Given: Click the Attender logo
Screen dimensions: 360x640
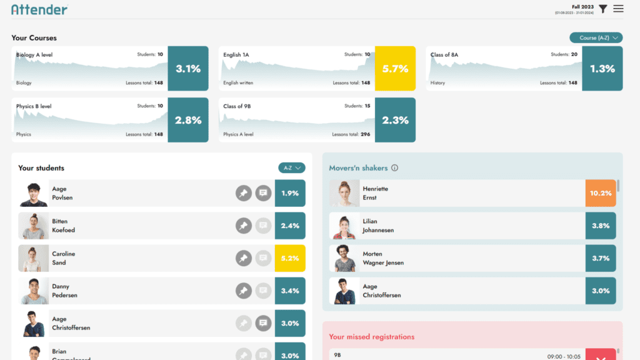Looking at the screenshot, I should pos(39,9).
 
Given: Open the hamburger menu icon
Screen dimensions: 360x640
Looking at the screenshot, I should pos(618,9).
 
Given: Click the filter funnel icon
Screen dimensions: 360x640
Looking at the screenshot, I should pos(602,9).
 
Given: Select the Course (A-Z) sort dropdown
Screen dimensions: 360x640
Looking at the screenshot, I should pos(596,37).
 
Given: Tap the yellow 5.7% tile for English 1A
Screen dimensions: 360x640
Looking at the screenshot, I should pos(395,69).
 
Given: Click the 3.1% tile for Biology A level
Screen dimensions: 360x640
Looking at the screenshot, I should pos(188,69).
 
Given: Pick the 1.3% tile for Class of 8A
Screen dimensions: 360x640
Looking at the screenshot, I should pos(602,69).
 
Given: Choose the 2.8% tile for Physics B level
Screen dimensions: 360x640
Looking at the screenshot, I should pos(188,120).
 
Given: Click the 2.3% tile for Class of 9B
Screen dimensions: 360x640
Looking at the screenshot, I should pos(395,120).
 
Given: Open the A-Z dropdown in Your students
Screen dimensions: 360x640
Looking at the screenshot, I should pos(292,167).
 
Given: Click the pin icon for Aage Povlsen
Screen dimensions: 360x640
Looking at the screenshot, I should pos(244,193).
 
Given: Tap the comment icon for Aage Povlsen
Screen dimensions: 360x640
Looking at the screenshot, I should pos(263,193).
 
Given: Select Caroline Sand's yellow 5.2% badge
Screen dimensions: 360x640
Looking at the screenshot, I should pos(290,258).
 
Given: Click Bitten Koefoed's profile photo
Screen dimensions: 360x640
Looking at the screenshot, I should pos(33,226).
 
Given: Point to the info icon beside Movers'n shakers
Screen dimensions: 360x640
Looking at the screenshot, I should pos(394,168).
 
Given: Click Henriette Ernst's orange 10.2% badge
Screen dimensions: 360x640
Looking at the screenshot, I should pos(601,193).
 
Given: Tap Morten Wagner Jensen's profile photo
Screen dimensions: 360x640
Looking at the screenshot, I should pos(344,258).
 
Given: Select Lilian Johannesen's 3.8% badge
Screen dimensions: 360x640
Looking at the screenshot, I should pos(601,226).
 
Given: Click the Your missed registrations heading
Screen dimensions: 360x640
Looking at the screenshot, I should pos(371,337).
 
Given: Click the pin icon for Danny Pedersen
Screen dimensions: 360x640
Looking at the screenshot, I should pos(244,291).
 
